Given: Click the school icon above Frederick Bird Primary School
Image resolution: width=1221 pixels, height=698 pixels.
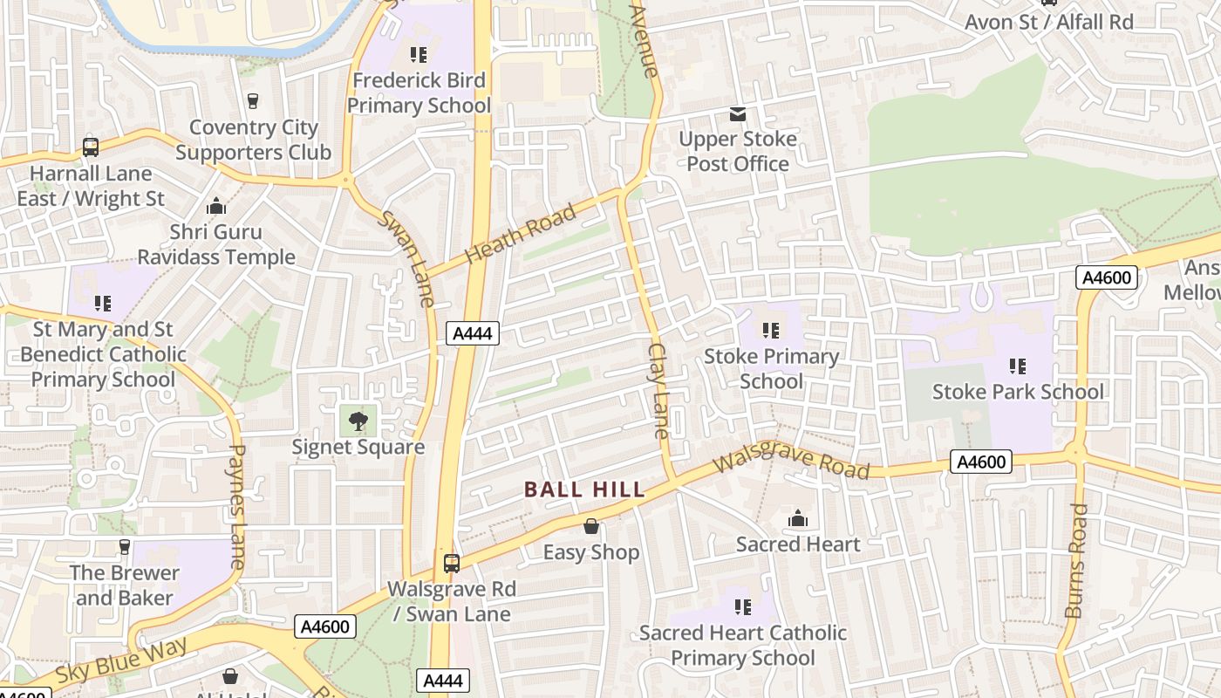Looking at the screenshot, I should pos(419,55).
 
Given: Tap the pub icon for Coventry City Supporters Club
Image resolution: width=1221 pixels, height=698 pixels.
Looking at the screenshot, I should pos(253,101).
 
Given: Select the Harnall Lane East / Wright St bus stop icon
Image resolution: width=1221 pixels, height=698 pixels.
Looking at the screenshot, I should pos(91,147).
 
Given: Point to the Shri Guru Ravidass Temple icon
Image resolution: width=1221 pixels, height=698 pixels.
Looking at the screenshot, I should pos(215,207).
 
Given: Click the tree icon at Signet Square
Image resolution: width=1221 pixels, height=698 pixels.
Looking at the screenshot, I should pos(358,422).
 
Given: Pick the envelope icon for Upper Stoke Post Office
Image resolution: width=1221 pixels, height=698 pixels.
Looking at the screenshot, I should pos(738,114).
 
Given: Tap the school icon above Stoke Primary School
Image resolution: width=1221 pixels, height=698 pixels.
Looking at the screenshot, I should pos(771,331).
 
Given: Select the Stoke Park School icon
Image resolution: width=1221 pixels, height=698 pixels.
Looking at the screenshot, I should pos(1017,366).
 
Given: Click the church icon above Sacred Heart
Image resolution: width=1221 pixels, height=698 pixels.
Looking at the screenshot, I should pos(797,519).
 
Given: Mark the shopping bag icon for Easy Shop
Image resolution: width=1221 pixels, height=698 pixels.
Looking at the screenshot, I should pos(591,526).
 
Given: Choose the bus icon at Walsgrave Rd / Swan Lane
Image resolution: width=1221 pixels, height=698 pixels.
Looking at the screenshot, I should pos(451,563).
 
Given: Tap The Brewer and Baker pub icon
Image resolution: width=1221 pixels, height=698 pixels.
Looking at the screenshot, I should pos(124,547).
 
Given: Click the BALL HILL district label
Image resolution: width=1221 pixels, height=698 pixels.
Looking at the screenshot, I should pos(584,489).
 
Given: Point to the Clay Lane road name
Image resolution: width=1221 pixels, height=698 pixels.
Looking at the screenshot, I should pos(658,390).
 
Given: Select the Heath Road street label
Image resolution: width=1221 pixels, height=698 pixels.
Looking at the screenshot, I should pos(522,234).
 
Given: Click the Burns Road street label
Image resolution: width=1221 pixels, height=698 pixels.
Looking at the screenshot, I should pos(1078,560).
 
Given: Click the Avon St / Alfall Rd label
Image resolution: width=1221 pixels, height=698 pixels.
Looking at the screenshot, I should pos(1048,22).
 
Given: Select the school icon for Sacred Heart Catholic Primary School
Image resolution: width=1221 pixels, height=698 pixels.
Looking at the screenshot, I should pos(743,606).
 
